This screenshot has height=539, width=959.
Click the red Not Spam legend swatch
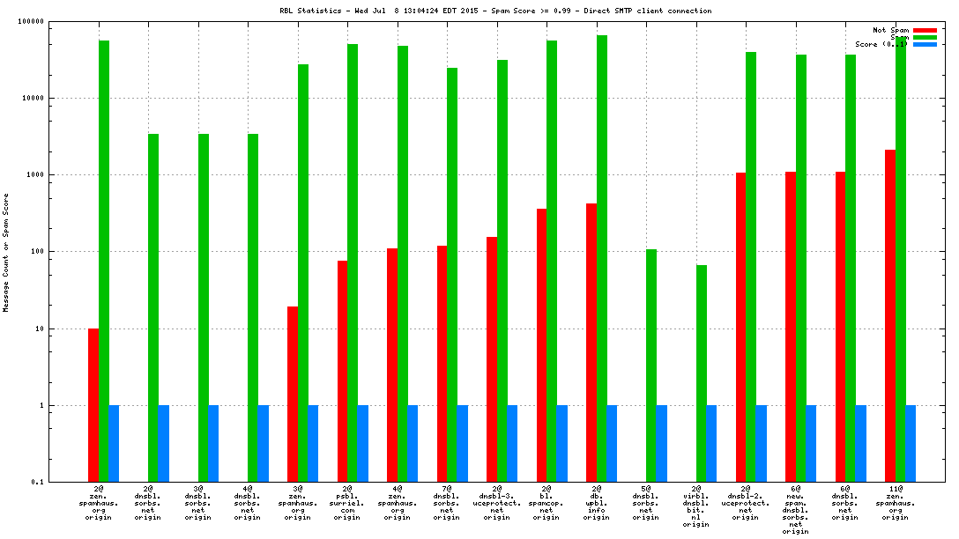(x=925, y=30)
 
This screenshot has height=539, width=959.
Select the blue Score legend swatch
(x=925, y=44)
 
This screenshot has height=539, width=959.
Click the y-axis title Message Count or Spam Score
(x=6, y=252)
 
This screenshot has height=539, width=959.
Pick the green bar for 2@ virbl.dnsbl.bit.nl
(x=702, y=373)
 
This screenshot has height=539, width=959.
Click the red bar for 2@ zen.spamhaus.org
(x=93, y=405)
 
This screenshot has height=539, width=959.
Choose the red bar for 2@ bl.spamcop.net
(x=541, y=345)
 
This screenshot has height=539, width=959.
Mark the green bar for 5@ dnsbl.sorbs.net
(x=651, y=365)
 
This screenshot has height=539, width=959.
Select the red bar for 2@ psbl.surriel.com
(x=342, y=371)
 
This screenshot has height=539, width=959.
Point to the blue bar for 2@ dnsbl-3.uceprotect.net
(x=512, y=444)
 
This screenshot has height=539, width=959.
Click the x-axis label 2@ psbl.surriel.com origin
(x=346, y=502)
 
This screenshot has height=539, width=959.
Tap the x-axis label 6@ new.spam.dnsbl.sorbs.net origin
(x=795, y=509)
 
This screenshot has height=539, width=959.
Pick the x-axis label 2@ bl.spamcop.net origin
(x=546, y=502)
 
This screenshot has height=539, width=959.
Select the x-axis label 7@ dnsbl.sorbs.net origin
(x=446, y=502)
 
